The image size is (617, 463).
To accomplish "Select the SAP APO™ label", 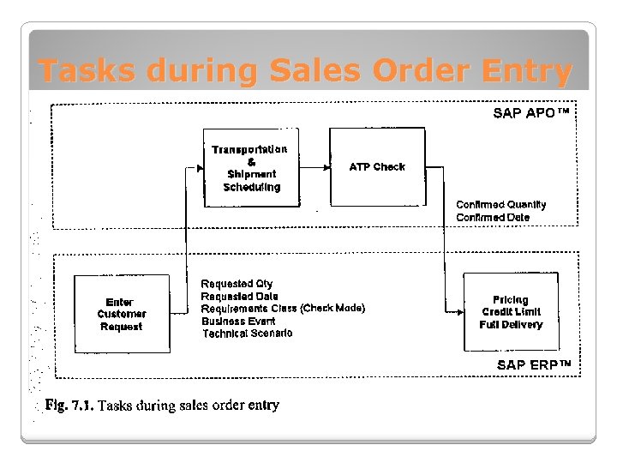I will point(531,112).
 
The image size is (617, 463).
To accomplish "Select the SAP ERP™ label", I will point(533,365).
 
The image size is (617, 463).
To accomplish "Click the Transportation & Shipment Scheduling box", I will point(251,168).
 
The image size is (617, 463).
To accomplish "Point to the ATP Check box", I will point(377,166).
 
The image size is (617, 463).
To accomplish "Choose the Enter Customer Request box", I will point(122,314).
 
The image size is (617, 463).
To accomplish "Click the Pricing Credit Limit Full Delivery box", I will point(511,312).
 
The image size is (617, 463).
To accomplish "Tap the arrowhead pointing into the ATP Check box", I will point(326,167).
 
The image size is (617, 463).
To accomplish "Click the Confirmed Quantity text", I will point(500,205).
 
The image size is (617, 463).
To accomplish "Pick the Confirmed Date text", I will point(493,218).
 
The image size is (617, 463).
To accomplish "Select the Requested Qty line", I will point(237,284).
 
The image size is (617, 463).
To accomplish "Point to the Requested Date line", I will point(239,296).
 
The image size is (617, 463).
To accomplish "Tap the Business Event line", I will point(239,321).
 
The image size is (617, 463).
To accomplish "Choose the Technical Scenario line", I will point(247,334).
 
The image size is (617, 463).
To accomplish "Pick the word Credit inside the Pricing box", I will point(499,312).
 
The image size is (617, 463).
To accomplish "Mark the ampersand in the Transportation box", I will point(250,162).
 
